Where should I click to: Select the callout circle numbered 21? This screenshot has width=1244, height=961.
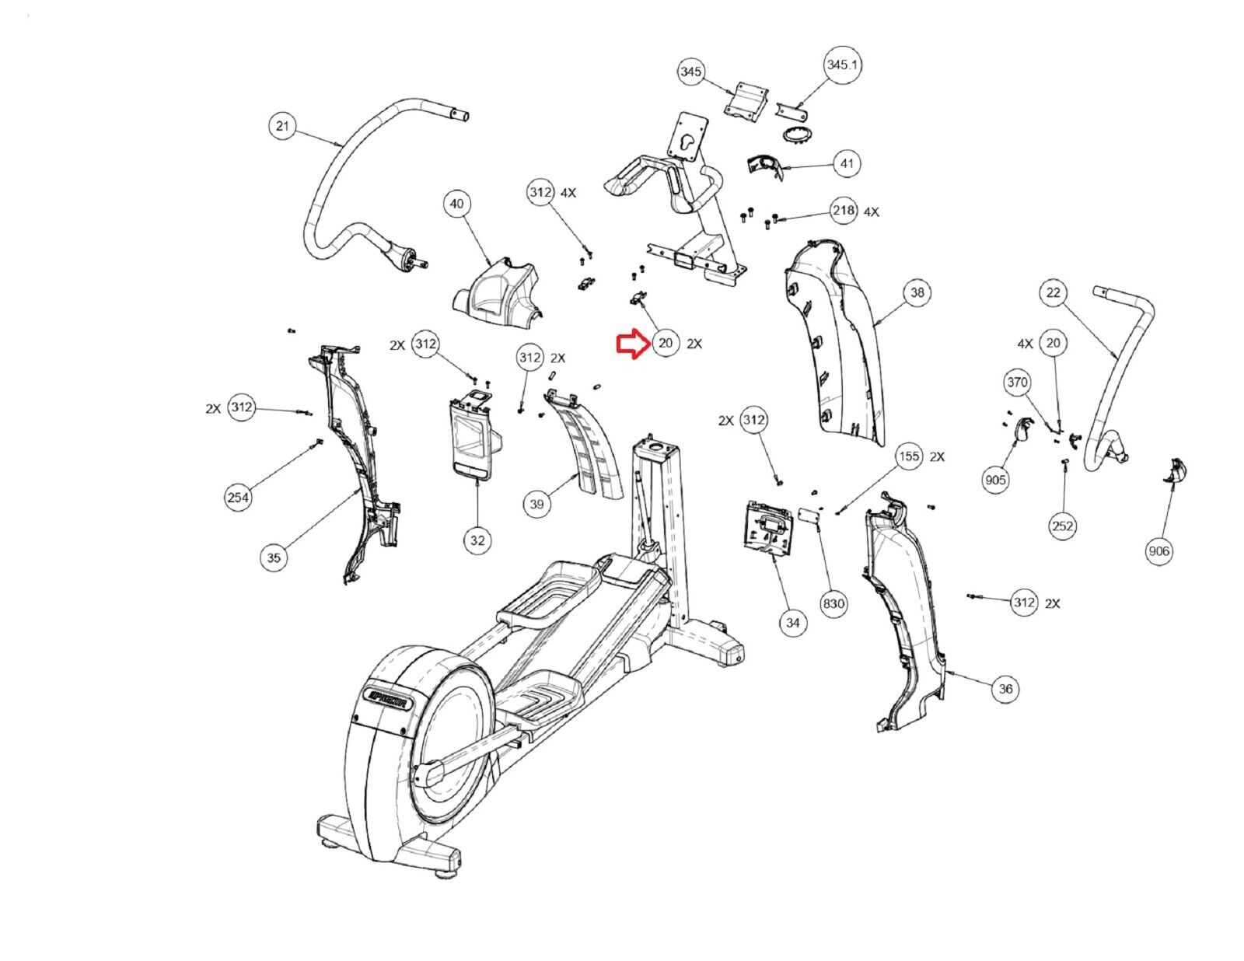pos(283,126)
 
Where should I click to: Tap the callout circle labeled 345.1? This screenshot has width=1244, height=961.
pos(844,65)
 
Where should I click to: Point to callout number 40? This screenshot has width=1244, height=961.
pos(457,204)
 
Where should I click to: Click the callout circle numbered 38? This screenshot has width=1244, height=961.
pos(918,292)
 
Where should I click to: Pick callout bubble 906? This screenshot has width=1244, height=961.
pos(1158,551)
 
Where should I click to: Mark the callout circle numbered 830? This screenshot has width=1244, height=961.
pos(833,603)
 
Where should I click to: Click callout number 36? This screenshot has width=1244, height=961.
pos(1006,688)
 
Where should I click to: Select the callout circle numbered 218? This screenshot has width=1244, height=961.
pos(844,211)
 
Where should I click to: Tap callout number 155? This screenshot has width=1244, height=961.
pos(909,456)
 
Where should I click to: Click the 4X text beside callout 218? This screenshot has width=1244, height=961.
pos(871,211)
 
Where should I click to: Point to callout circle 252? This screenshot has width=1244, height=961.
pos(1063,526)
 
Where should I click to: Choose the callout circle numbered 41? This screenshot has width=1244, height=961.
pos(847,164)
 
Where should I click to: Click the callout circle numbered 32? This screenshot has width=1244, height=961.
pos(477,540)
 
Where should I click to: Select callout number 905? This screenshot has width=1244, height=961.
pos(996,480)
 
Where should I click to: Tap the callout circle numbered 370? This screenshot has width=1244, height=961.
pos(1018,383)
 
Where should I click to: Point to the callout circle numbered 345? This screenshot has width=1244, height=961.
pos(691,72)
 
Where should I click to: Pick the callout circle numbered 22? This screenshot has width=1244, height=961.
pos(1054,292)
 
